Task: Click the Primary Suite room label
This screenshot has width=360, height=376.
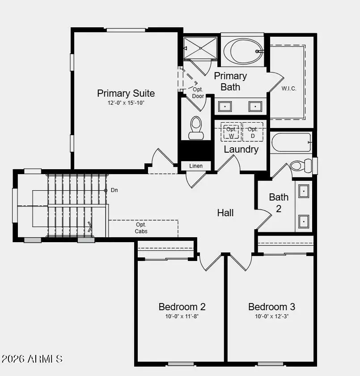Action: [x=126, y=93]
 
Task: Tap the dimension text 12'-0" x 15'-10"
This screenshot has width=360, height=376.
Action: [x=126, y=103]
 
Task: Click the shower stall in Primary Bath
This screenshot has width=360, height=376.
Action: [x=201, y=48]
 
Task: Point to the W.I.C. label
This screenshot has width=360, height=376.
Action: [x=289, y=88]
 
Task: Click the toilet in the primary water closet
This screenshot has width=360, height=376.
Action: [x=196, y=128]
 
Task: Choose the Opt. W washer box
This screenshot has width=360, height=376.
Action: [x=231, y=132]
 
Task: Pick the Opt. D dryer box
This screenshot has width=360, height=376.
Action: [x=253, y=132]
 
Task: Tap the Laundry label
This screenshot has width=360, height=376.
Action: [x=241, y=150]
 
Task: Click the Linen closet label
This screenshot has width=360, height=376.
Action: [x=196, y=166]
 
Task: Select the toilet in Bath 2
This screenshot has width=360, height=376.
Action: [x=301, y=166]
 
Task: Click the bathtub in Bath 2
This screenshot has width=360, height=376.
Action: [x=291, y=142]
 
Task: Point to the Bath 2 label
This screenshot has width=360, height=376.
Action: [x=279, y=202]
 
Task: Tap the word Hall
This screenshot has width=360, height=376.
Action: [x=225, y=213]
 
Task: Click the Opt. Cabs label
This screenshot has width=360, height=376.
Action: [x=141, y=228]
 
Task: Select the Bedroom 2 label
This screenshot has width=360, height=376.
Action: [x=182, y=307]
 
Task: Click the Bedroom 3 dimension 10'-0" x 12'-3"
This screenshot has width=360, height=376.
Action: [x=271, y=316]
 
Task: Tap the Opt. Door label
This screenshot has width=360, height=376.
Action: [x=198, y=93]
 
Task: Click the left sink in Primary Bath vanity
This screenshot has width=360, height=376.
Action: [x=224, y=107]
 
